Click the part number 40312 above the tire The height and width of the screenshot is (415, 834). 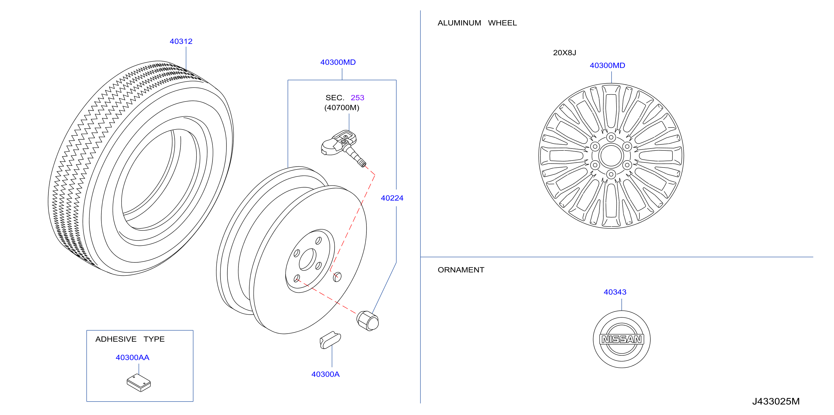pyautogui.click(x=181, y=41)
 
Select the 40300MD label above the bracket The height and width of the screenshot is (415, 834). pyautogui.click(x=338, y=62)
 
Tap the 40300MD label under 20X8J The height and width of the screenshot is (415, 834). pyautogui.click(x=607, y=65)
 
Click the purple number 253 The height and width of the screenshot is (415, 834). pyautogui.click(x=357, y=98)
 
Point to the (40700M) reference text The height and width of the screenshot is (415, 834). pyautogui.click(x=342, y=108)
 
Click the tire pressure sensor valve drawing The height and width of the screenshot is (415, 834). pyautogui.click(x=343, y=148)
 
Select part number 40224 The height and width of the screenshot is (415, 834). pyautogui.click(x=392, y=198)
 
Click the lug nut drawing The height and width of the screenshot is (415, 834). pyautogui.click(x=368, y=321)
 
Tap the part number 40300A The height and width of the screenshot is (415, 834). pyautogui.click(x=325, y=374)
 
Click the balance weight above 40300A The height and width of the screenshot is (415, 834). pyautogui.click(x=330, y=340)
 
